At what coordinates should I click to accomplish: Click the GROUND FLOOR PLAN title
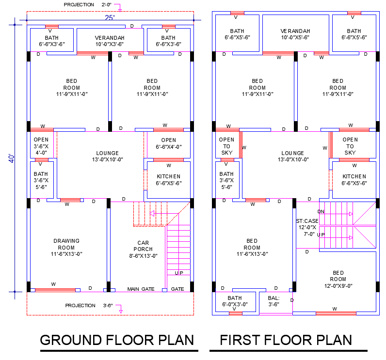tap(116, 340)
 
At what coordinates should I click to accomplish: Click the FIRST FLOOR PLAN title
tap(286, 340)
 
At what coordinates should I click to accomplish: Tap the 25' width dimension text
tap(110, 18)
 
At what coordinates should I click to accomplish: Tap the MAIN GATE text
tap(141, 289)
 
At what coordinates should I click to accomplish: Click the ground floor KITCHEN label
tap(169, 180)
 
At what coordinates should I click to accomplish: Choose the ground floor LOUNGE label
tap(107, 157)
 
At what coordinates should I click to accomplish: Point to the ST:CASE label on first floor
tap(307, 227)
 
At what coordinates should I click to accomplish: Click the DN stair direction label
tap(321, 212)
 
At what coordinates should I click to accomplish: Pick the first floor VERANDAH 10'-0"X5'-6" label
tap(295, 34)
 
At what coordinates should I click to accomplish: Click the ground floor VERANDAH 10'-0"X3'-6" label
tap(110, 41)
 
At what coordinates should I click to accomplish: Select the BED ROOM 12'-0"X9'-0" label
tap(338, 279)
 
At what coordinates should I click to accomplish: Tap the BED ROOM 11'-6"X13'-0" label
tap(252, 247)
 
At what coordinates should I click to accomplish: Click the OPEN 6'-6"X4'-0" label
tap(169, 143)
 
